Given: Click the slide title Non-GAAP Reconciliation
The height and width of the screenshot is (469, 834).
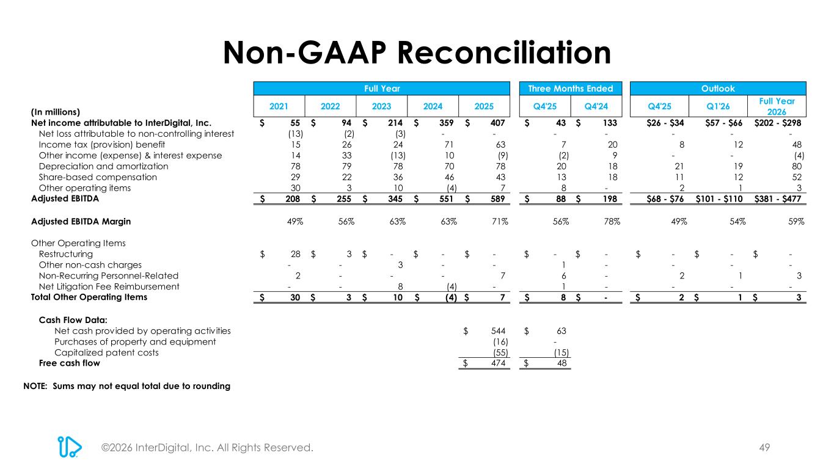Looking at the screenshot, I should [417, 53].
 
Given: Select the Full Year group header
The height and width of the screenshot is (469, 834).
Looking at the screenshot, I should [381, 89].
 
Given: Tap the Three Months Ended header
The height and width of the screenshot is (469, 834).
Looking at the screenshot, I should [570, 89].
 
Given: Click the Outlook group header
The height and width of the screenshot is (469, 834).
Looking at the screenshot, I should [718, 89].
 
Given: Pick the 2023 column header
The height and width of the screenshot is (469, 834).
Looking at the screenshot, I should [381, 106].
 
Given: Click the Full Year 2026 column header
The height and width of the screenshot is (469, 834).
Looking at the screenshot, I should [777, 106].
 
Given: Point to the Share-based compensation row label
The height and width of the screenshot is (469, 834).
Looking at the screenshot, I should [89, 177].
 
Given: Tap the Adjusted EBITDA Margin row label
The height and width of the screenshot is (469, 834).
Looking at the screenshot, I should [81, 221].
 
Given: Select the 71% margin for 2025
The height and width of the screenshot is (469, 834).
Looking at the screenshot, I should [498, 221].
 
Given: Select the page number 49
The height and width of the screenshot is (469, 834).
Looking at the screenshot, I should [764, 448].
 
